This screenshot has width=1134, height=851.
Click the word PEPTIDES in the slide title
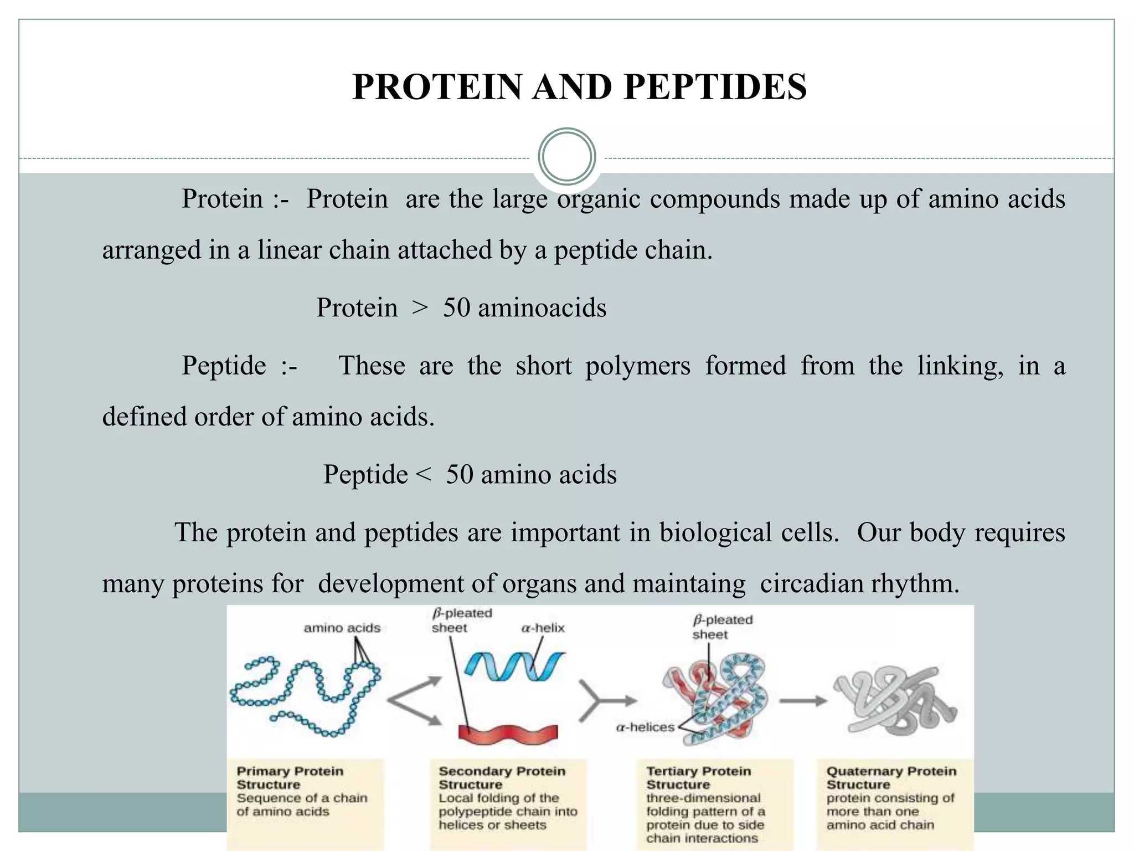pos(715,87)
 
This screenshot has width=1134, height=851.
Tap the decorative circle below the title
pos(566,157)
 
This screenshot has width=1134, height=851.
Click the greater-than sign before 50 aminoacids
pos(420,308)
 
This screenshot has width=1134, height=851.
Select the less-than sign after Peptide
pos(422,474)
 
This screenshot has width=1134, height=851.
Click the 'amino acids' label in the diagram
pos(342,628)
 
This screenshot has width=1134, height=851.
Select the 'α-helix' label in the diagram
pos(543,628)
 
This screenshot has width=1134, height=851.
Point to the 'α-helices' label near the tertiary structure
pos(645,727)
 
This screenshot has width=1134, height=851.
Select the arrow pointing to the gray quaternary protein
pos(803,701)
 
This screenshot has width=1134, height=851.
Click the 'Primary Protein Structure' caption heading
pos(290,778)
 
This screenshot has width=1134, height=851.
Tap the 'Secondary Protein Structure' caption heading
pos(502,778)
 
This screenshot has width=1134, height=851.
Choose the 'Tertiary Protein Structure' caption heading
pos(698,778)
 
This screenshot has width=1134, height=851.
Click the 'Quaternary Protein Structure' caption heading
pos(891,778)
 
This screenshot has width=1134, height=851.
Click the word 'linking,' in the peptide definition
pos(960,366)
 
